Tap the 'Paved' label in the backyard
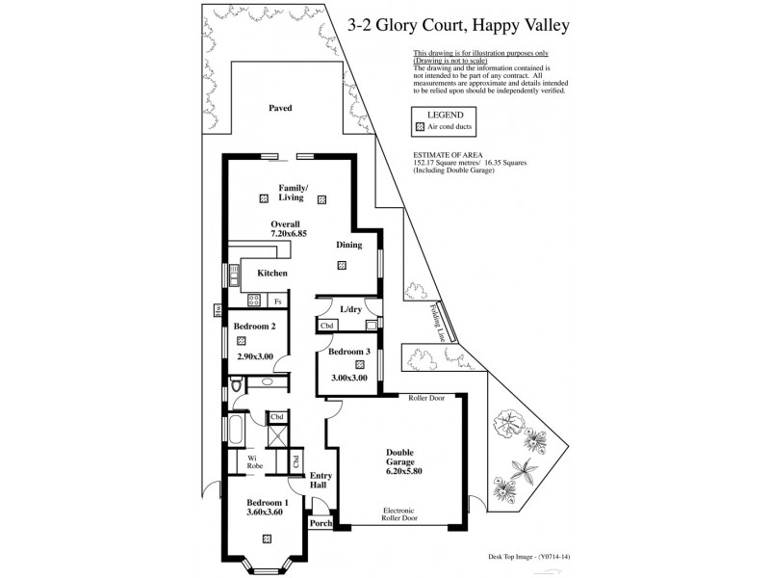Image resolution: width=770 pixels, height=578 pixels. coord(280,108)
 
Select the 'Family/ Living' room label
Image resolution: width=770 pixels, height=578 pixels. coord(293,192)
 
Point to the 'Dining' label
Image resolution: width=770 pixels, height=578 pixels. coord(348,245)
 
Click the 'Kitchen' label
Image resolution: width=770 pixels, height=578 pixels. coord(272,274)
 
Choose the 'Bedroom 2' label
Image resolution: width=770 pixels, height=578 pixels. coord(255,326)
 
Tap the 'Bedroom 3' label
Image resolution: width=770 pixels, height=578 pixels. coord(348,352)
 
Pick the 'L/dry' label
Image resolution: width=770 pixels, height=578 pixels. coord(350,309)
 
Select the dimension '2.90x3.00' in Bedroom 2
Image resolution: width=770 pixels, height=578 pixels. coord(255,356)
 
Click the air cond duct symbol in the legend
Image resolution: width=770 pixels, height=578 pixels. coord(419,127)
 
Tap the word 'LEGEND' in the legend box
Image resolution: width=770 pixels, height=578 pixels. coord(445,114)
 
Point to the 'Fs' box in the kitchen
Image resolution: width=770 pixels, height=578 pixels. coord(278,302)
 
